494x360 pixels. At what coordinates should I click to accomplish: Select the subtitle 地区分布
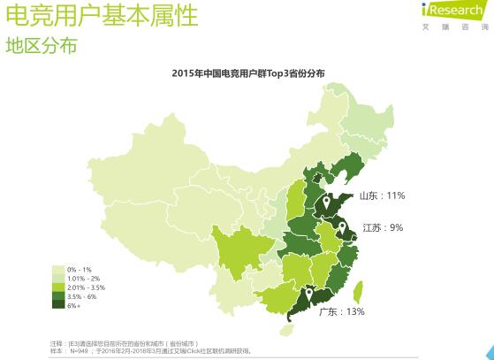point(42,45)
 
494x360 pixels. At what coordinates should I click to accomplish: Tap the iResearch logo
point(453,11)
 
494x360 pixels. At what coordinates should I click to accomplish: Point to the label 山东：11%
point(381,195)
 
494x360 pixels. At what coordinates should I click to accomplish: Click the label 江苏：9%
point(382,227)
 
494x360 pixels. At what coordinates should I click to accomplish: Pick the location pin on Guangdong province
point(309,295)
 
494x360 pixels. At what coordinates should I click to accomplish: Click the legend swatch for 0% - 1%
point(59,269)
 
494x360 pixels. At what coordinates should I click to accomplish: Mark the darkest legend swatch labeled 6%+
point(59,304)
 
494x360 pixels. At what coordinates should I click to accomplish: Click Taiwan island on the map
point(358,293)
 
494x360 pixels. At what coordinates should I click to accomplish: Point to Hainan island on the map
point(284,330)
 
